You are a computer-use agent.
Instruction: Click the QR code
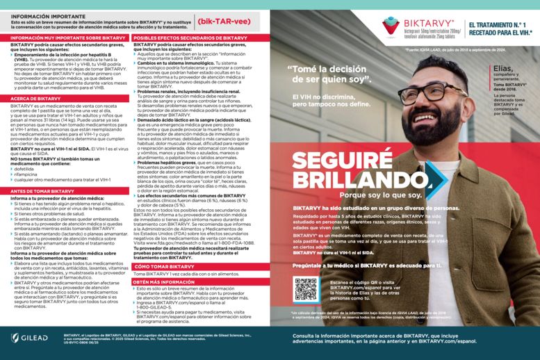[x=305, y=289]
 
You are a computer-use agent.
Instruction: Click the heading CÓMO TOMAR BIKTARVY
[x=164, y=267]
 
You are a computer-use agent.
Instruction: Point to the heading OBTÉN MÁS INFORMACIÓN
[x=163, y=282]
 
